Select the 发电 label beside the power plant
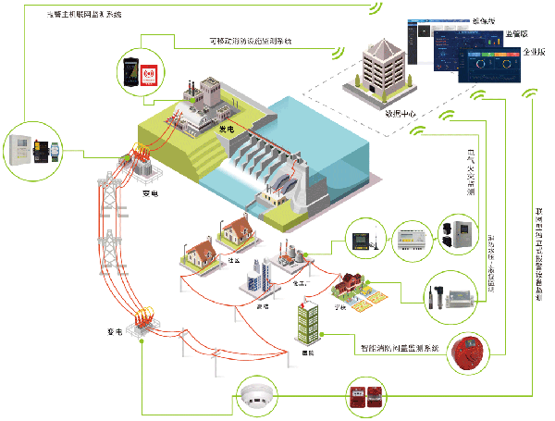[227, 130]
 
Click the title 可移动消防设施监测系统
[248, 42]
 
